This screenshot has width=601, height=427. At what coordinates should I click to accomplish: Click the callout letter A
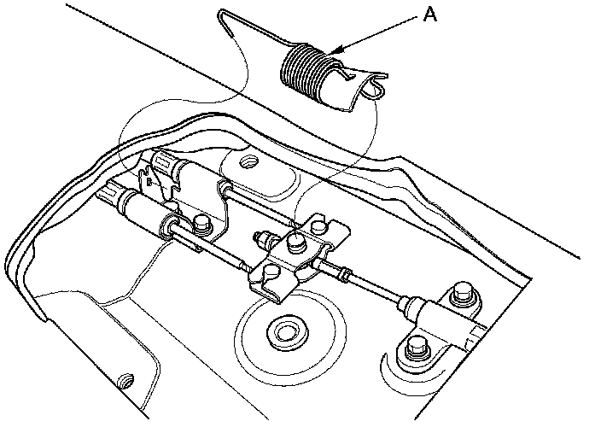pos(430,15)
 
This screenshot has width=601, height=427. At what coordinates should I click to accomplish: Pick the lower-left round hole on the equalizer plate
pos(271,270)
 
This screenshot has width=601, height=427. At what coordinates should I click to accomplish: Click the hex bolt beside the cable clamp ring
pos(202,225)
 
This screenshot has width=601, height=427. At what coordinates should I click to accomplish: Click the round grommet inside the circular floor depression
pos(284,332)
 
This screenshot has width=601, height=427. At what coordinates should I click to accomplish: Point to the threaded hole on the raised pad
pos(248,161)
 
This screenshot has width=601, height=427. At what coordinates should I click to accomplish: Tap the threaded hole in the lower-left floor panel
pos(125,380)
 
